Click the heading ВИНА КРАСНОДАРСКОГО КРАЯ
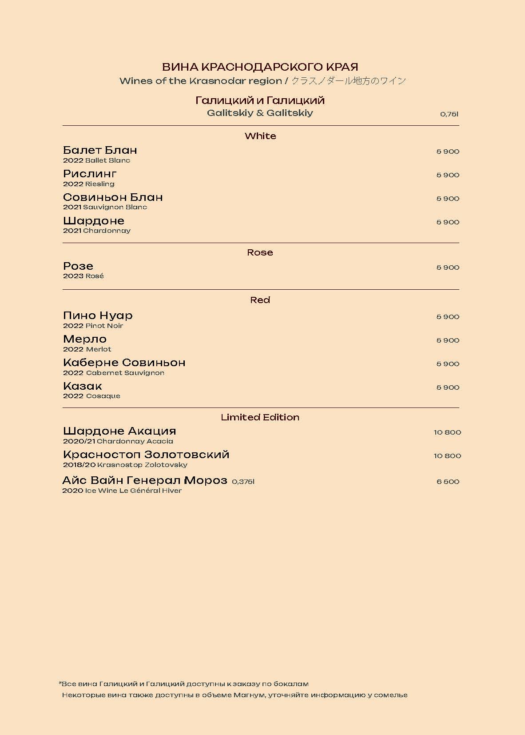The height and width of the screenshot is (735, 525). [260, 67]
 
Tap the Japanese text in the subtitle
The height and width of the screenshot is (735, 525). [349, 81]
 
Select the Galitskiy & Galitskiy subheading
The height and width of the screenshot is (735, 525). [260, 113]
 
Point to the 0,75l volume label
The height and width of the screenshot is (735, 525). [449, 114]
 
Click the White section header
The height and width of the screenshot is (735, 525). [260, 136]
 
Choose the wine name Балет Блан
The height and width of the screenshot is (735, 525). [100, 150]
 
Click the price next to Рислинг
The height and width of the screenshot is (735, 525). [448, 175]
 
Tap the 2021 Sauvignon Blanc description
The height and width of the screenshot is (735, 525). [105, 207]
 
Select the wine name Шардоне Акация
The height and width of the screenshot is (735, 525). [119, 431]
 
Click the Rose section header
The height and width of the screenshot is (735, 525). [260, 252]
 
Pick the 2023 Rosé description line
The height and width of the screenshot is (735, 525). [84, 276]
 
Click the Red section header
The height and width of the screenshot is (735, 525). [260, 300]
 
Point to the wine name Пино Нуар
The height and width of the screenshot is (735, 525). [98, 316]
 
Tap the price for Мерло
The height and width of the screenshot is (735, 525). [448, 340]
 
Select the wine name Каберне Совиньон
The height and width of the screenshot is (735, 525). [124, 363]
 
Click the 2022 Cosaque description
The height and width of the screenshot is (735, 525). [91, 396]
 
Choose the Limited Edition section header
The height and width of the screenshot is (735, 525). [260, 417]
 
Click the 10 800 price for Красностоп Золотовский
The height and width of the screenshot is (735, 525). [447, 456]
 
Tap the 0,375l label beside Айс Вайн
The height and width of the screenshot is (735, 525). [243, 482]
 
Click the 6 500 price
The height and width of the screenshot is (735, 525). [448, 482]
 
